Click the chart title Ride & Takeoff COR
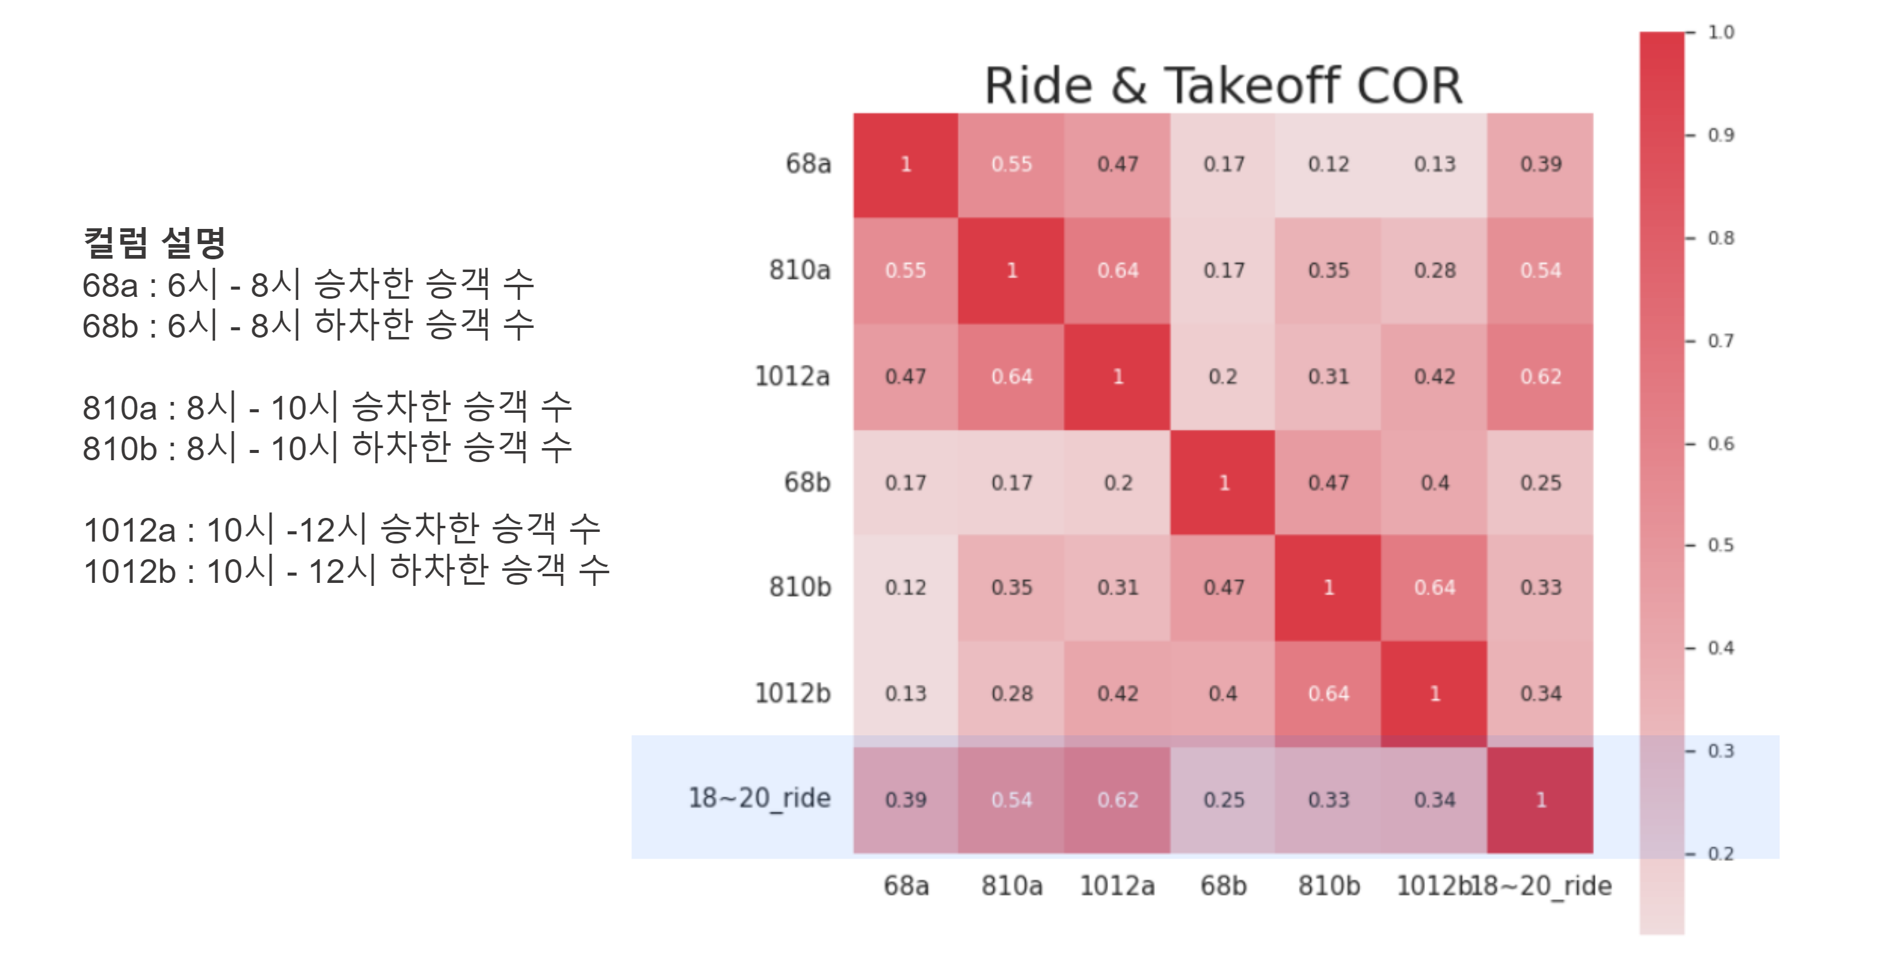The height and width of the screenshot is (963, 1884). click(x=1223, y=86)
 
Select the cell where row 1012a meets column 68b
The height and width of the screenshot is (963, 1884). click(x=1223, y=377)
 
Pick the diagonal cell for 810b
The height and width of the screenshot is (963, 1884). click(x=1328, y=588)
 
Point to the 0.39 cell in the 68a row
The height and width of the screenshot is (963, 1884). click(x=1540, y=165)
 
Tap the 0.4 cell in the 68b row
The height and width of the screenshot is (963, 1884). click(x=1434, y=483)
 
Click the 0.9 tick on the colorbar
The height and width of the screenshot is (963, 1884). click(x=1720, y=135)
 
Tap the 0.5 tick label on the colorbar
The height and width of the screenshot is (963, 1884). click(x=1720, y=545)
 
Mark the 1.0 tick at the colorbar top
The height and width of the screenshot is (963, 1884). click(x=1720, y=32)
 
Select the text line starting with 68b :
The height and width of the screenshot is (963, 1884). click(x=308, y=325)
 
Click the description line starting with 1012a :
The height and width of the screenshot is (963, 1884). click(x=342, y=529)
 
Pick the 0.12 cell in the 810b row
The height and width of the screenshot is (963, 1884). click(x=905, y=588)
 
